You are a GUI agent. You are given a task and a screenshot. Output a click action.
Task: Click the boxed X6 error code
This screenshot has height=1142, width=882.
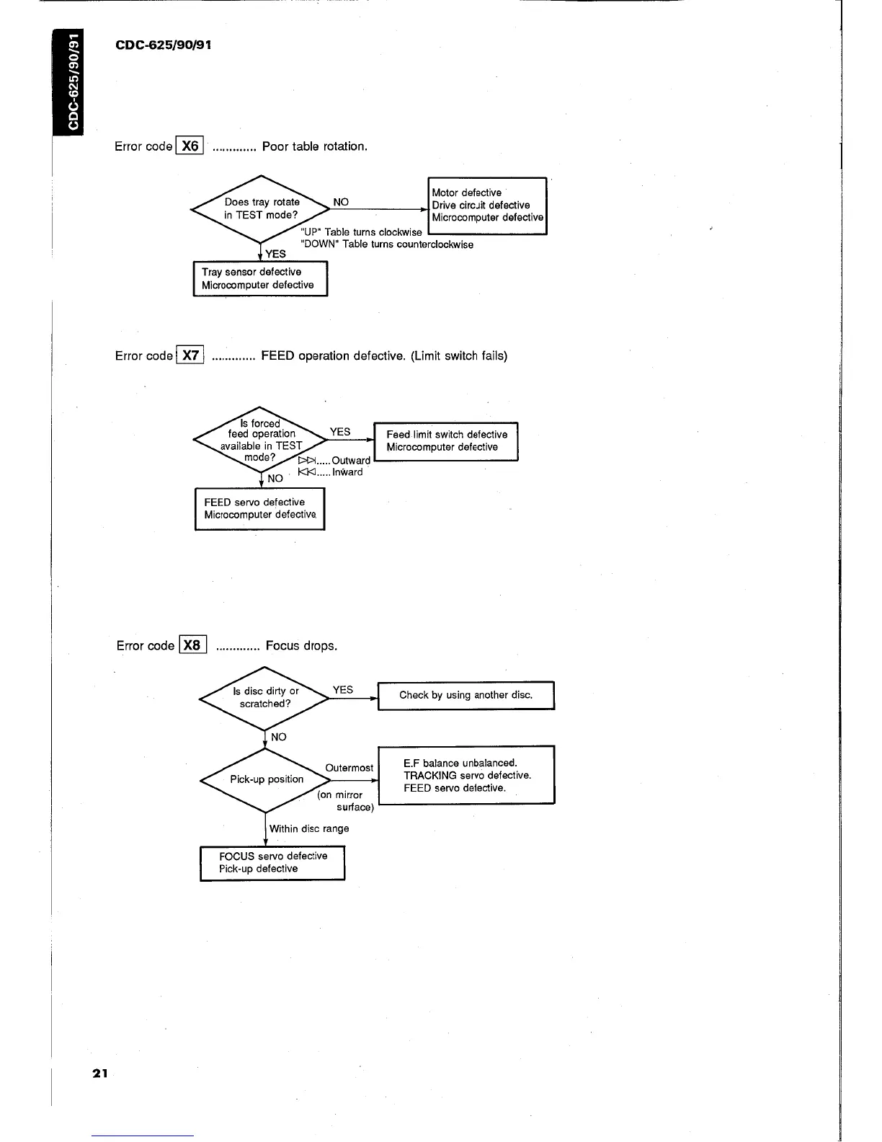190,146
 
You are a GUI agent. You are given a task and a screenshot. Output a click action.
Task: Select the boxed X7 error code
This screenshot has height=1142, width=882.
190,355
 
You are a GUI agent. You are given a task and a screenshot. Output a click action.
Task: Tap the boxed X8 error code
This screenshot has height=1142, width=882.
192,645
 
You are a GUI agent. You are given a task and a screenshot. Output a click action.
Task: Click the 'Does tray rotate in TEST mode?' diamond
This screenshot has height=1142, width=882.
260,209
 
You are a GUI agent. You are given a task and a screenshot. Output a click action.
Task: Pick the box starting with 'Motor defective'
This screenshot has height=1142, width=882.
487,205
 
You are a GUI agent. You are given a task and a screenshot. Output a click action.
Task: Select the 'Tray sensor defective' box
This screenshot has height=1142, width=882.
260,278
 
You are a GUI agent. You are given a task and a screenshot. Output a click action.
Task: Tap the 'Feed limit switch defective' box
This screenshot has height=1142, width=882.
446,441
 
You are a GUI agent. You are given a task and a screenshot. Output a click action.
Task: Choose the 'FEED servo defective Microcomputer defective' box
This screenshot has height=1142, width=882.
259,509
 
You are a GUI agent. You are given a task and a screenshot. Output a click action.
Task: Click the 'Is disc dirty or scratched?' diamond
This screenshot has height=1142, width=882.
265,698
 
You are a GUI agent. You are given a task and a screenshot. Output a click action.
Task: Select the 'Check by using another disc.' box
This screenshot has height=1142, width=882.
465,696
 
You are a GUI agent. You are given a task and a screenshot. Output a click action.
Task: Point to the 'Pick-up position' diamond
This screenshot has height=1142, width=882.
266,779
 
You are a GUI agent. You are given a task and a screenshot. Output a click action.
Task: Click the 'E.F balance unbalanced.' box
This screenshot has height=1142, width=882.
466,775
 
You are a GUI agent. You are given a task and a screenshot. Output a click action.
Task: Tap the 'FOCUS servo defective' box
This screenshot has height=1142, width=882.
272,862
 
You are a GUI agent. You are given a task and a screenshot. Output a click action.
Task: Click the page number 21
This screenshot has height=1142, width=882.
99,1073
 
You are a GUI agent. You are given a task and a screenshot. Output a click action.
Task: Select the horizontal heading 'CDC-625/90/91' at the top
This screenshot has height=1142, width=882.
164,45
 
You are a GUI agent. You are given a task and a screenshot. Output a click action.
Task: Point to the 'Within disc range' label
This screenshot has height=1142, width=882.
309,828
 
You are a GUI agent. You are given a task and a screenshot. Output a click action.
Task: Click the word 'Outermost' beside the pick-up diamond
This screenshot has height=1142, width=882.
349,768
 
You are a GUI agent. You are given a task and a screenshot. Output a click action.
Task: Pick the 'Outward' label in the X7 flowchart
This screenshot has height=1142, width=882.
351,460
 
